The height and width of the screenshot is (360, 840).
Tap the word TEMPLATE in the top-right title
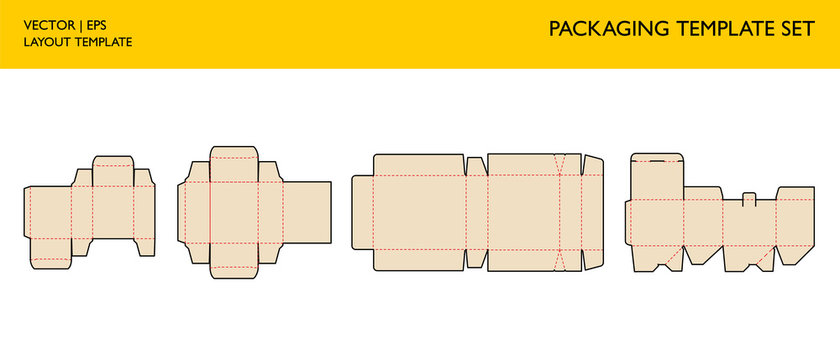(715, 28)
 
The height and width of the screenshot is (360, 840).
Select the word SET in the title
(797, 28)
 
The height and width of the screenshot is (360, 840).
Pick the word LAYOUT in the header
(46, 42)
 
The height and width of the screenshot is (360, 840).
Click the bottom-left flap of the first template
(51, 262)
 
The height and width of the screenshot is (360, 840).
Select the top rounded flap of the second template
(235, 154)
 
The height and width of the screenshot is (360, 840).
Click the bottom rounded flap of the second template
(235, 271)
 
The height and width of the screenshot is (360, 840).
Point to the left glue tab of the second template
(182, 212)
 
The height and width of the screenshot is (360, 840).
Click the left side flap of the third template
(362, 212)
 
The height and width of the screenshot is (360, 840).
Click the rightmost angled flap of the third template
(594, 212)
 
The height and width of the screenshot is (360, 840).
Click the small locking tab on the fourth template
(748, 198)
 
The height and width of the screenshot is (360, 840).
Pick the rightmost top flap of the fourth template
(793, 193)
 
